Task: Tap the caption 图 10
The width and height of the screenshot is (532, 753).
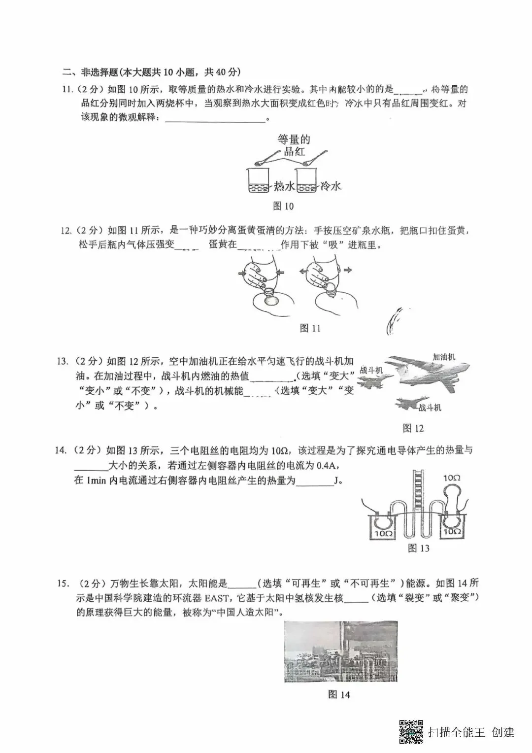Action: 283,206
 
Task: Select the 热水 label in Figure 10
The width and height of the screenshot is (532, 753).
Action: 284,186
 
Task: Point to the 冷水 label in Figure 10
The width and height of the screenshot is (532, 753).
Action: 331,186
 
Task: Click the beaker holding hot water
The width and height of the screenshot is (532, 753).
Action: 258,181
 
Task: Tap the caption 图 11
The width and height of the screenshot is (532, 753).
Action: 310,328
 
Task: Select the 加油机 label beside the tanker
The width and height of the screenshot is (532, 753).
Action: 444,357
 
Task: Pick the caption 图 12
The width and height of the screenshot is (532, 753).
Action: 413,428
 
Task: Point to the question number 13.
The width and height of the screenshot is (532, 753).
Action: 63,361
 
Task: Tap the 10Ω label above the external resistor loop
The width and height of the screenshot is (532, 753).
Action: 452,478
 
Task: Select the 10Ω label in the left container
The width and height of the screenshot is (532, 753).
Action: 383,534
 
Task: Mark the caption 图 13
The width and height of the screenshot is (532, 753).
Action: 419,548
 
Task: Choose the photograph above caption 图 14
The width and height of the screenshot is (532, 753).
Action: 341,651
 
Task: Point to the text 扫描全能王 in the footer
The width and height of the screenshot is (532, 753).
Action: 457,732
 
